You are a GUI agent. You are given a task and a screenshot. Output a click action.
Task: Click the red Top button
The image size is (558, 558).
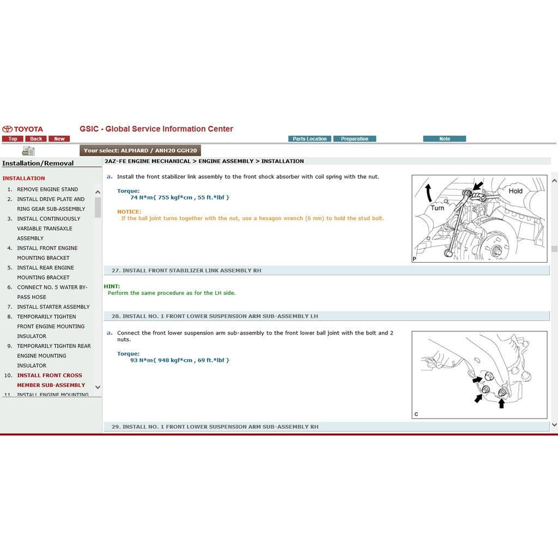pyautogui.click(x=13, y=139)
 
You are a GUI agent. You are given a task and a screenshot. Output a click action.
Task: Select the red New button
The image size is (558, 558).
pyautogui.click(x=59, y=139)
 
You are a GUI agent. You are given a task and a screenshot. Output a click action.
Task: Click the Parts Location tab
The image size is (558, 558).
pyautogui.click(x=310, y=139)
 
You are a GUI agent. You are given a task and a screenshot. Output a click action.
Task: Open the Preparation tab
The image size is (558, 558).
pyautogui.click(x=355, y=139)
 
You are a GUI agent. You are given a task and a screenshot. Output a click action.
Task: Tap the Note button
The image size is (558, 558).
pyautogui.click(x=445, y=139)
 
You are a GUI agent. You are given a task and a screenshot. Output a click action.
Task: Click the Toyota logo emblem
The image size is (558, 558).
pyautogui.click(x=8, y=129)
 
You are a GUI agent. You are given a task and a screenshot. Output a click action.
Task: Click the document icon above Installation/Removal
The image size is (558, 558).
pyautogui.click(x=28, y=151)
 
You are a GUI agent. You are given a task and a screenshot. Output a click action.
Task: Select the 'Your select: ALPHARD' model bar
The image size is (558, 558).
pyautogui.click(x=140, y=150)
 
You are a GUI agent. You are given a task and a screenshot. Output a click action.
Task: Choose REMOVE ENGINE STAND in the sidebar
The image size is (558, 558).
pyautogui.click(x=47, y=190)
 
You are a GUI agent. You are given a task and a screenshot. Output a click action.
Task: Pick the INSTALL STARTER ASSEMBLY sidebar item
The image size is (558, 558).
pyautogui.click(x=53, y=307)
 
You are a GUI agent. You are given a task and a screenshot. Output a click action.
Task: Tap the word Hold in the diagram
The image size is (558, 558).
pyautogui.click(x=515, y=191)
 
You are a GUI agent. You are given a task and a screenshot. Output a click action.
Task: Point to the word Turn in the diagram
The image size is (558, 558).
pyautogui.click(x=438, y=208)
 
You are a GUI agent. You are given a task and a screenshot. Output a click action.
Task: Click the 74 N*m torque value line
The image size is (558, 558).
pyautogui.click(x=180, y=197)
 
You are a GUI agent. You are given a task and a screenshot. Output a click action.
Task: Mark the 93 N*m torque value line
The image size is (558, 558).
pyautogui.click(x=180, y=360)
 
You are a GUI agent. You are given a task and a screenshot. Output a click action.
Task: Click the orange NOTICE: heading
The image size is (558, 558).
pyautogui.click(x=129, y=211)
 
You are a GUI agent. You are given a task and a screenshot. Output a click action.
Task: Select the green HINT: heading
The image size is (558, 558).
pyautogui.click(x=112, y=286)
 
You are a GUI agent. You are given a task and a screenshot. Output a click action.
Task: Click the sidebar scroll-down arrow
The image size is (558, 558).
pyautogui.click(x=98, y=387)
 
